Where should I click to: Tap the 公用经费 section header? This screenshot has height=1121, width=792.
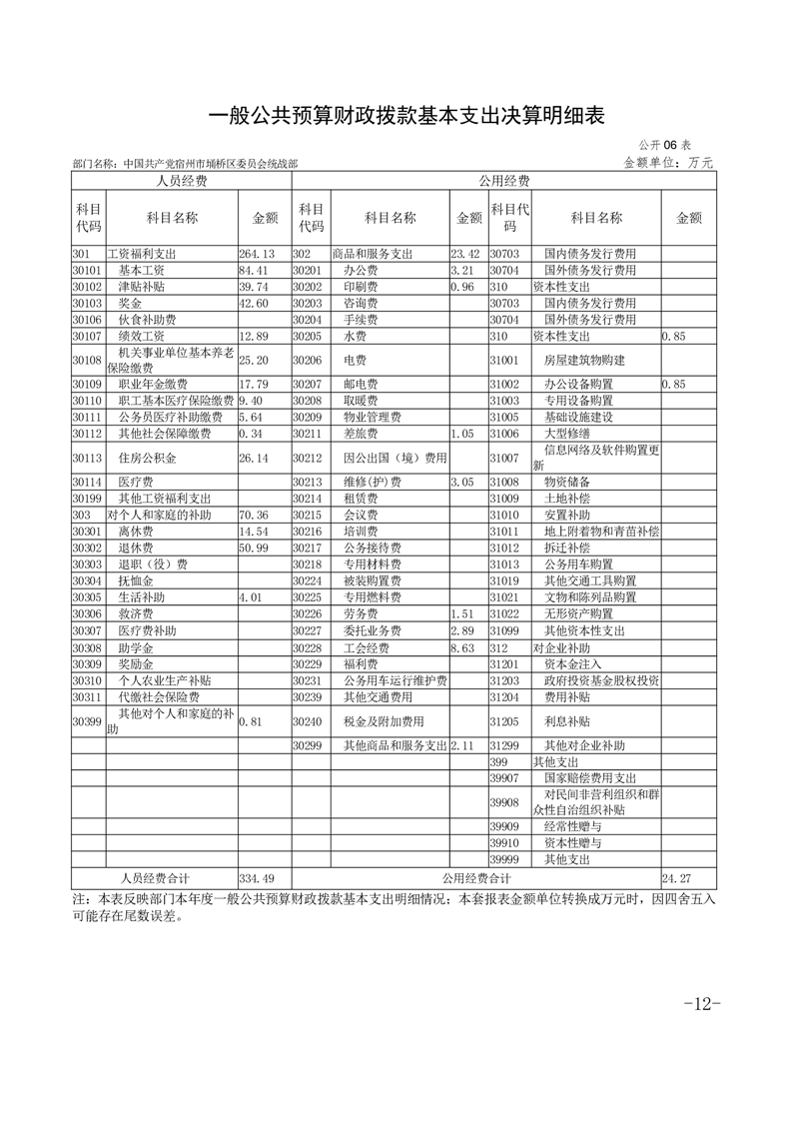[x=503, y=181]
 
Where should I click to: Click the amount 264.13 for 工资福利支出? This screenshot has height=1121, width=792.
[x=257, y=254]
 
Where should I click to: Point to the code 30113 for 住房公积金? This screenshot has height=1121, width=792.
[x=88, y=458]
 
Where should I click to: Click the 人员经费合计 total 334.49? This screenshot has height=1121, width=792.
[x=257, y=877]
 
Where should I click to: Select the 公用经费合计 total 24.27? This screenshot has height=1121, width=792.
[x=676, y=877]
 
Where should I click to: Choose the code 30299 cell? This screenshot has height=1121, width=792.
[x=309, y=745]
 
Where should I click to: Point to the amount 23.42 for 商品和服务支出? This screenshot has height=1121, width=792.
[x=466, y=254]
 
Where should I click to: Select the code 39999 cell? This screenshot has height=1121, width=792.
[x=505, y=859]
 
